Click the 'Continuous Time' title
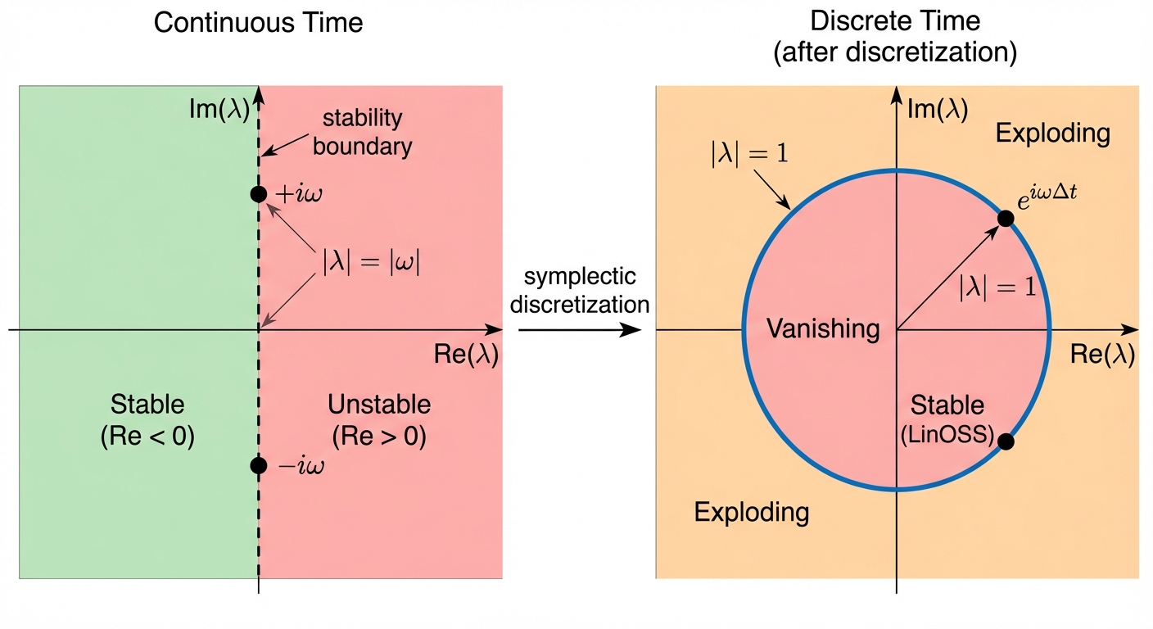(x=258, y=23)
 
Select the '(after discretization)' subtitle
(x=895, y=53)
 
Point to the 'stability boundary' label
(x=362, y=132)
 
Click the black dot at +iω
(x=259, y=194)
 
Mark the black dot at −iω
(x=259, y=465)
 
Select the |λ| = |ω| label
(x=371, y=264)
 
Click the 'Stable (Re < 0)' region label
(x=147, y=420)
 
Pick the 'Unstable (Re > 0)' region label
(x=379, y=420)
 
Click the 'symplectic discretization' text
(x=580, y=291)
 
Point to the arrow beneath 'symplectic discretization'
(x=579, y=330)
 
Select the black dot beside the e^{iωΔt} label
(x=1006, y=219)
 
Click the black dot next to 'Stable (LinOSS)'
(x=1006, y=441)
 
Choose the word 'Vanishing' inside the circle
(x=823, y=329)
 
